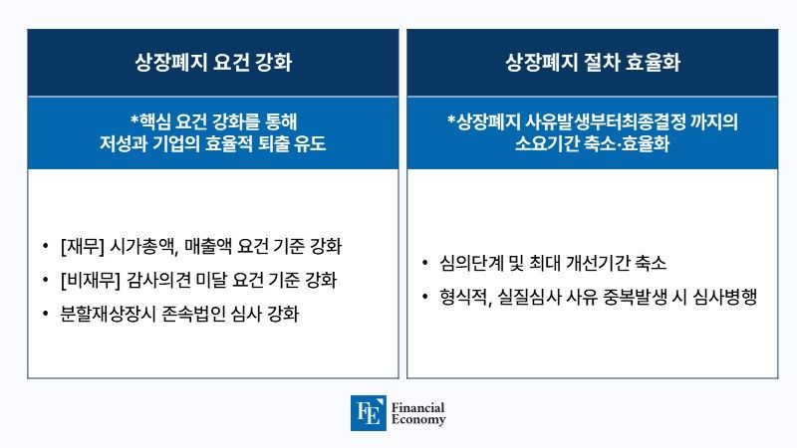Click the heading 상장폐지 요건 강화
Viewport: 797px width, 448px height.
213,62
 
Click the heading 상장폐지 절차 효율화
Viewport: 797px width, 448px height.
593,62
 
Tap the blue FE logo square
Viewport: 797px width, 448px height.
368,413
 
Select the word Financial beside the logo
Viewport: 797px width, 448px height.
417,407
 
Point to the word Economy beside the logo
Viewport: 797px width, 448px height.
418,419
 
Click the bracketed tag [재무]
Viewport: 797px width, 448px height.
83,246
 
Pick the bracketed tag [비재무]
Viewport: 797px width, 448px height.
90,280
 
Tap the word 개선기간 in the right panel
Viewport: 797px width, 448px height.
597,263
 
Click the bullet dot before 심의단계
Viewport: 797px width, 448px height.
425,263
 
